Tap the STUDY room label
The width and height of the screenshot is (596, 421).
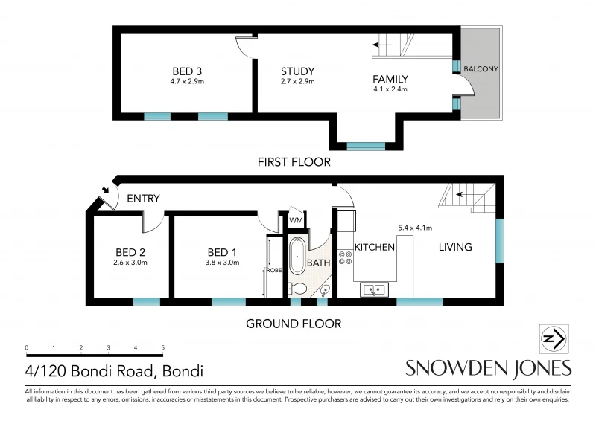point(297,71)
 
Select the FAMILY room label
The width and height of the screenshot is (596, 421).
point(390,80)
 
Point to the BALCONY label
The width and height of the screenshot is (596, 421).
point(481,69)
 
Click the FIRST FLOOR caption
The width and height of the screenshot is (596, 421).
point(293,161)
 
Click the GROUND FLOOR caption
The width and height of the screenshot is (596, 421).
point(294,324)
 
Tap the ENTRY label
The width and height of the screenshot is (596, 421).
point(143,199)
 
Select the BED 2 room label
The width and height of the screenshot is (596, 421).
point(130,251)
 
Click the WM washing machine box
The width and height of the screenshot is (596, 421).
point(296,221)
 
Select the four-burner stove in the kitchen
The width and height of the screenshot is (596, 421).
point(346,257)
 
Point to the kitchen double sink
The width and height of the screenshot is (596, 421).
point(372,289)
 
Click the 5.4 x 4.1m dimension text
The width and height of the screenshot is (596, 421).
point(416,228)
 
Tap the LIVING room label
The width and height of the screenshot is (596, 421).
point(454,247)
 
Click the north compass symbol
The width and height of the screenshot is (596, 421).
point(554,339)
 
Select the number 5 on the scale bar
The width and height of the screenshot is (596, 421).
point(162,347)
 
